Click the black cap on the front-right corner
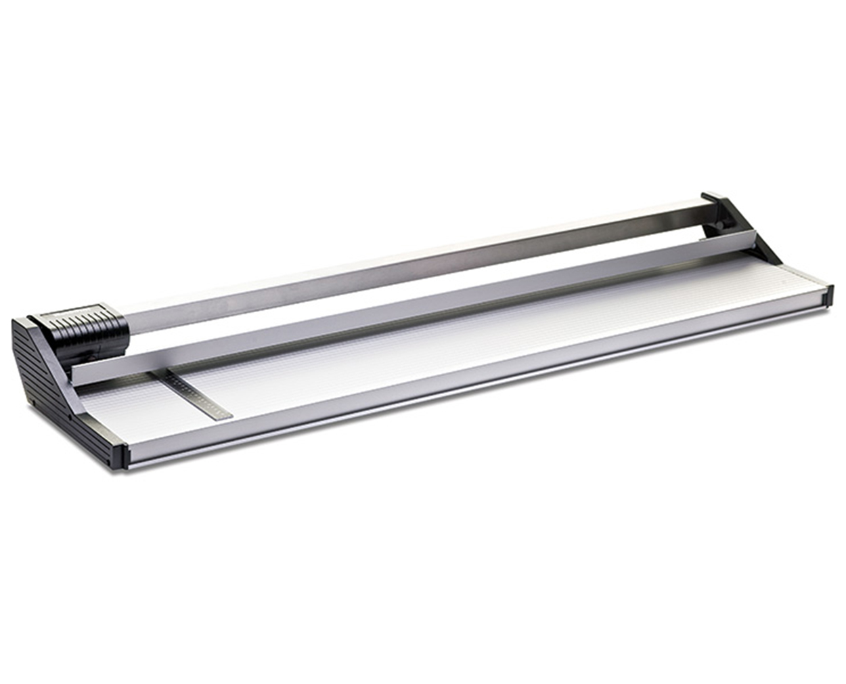point(826,297)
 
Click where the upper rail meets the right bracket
point(704,204)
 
